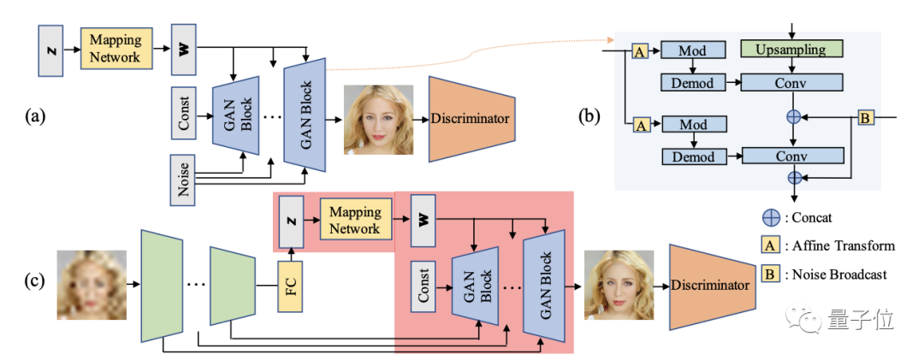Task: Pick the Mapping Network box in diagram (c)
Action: click(354, 221)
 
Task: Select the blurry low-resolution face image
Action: click(92, 285)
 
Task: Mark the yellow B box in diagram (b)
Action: click(866, 118)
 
